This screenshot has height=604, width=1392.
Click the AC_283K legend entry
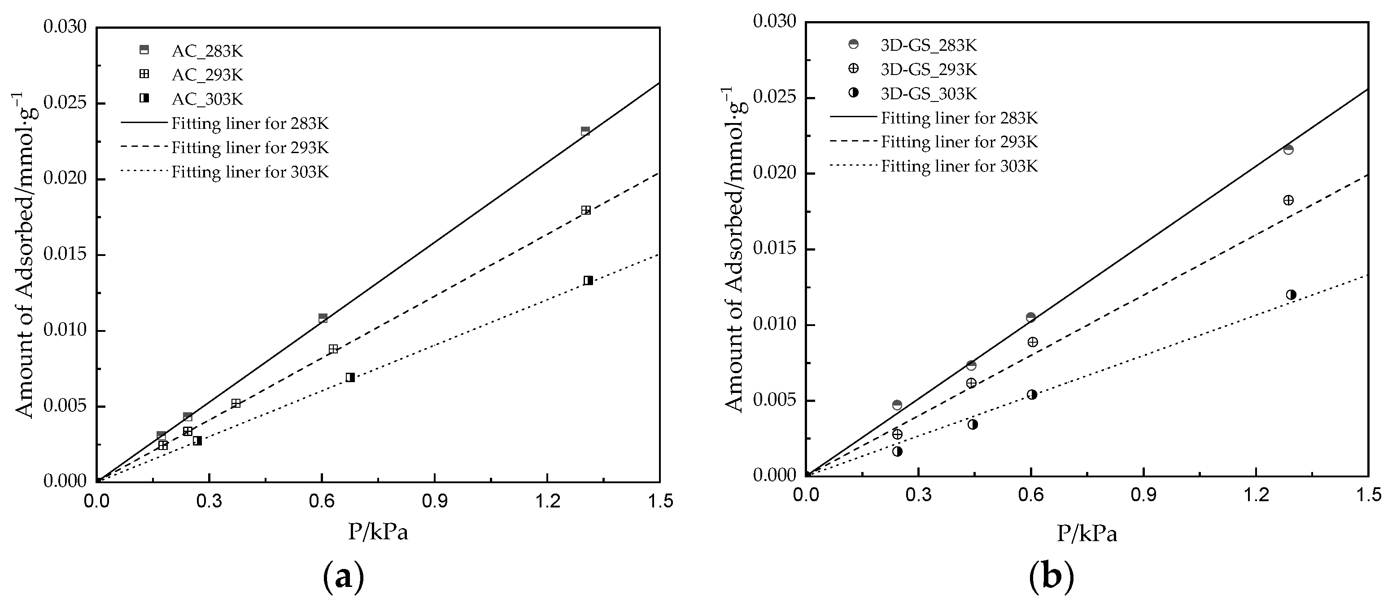tap(207, 51)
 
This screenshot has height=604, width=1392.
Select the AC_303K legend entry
tap(207, 99)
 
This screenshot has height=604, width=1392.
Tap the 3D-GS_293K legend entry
tap(928, 69)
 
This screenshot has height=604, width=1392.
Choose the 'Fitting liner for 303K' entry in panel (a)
tap(250, 172)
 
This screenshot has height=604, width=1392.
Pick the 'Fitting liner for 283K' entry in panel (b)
tap(959, 118)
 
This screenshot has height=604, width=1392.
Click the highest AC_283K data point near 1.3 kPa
tap(585, 131)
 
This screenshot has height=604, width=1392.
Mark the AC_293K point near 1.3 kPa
tap(586, 210)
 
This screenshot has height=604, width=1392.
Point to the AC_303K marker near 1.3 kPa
tap(588, 280)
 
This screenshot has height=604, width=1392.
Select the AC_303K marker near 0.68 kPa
tap(350, 377)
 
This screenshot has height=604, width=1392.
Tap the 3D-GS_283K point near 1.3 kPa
tap(1288, 149)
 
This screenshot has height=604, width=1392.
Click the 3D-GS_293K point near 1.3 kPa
tap(1288, 200)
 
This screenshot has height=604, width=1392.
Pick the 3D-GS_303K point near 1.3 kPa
tap(1291, 295)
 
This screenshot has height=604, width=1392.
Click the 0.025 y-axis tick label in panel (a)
tap(65, 103)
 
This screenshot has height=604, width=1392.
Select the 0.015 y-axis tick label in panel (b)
tap(774, 249)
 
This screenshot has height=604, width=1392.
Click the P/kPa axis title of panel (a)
tap(378, 532)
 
